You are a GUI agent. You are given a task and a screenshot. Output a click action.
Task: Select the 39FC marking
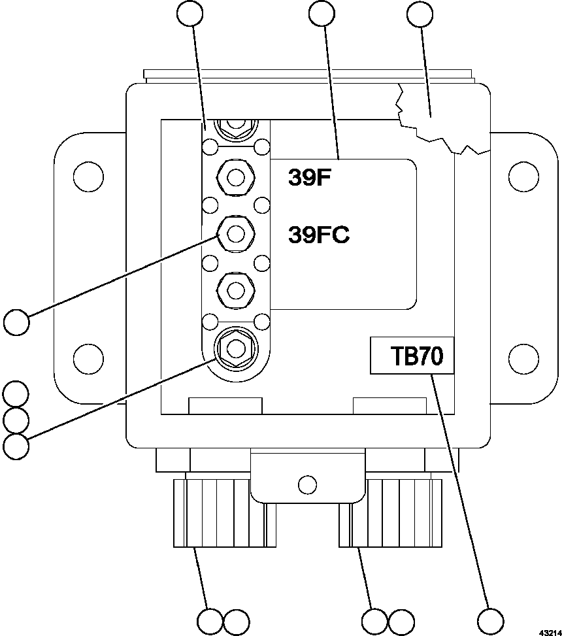point(318,234)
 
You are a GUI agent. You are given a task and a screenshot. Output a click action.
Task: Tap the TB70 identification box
point(412,356)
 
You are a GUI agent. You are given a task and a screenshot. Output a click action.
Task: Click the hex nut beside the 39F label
point(234,176)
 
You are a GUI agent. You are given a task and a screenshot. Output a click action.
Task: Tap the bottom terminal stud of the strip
point(234,346)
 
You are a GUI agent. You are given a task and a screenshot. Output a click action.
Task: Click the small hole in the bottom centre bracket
point(306,485)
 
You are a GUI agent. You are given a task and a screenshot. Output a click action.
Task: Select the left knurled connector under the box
point(213,514)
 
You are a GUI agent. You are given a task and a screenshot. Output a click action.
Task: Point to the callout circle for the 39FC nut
point(16,322)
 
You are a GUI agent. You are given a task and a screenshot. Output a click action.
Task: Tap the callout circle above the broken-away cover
point(420,16)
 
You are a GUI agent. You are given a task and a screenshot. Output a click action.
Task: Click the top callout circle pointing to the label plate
point(322,16)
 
